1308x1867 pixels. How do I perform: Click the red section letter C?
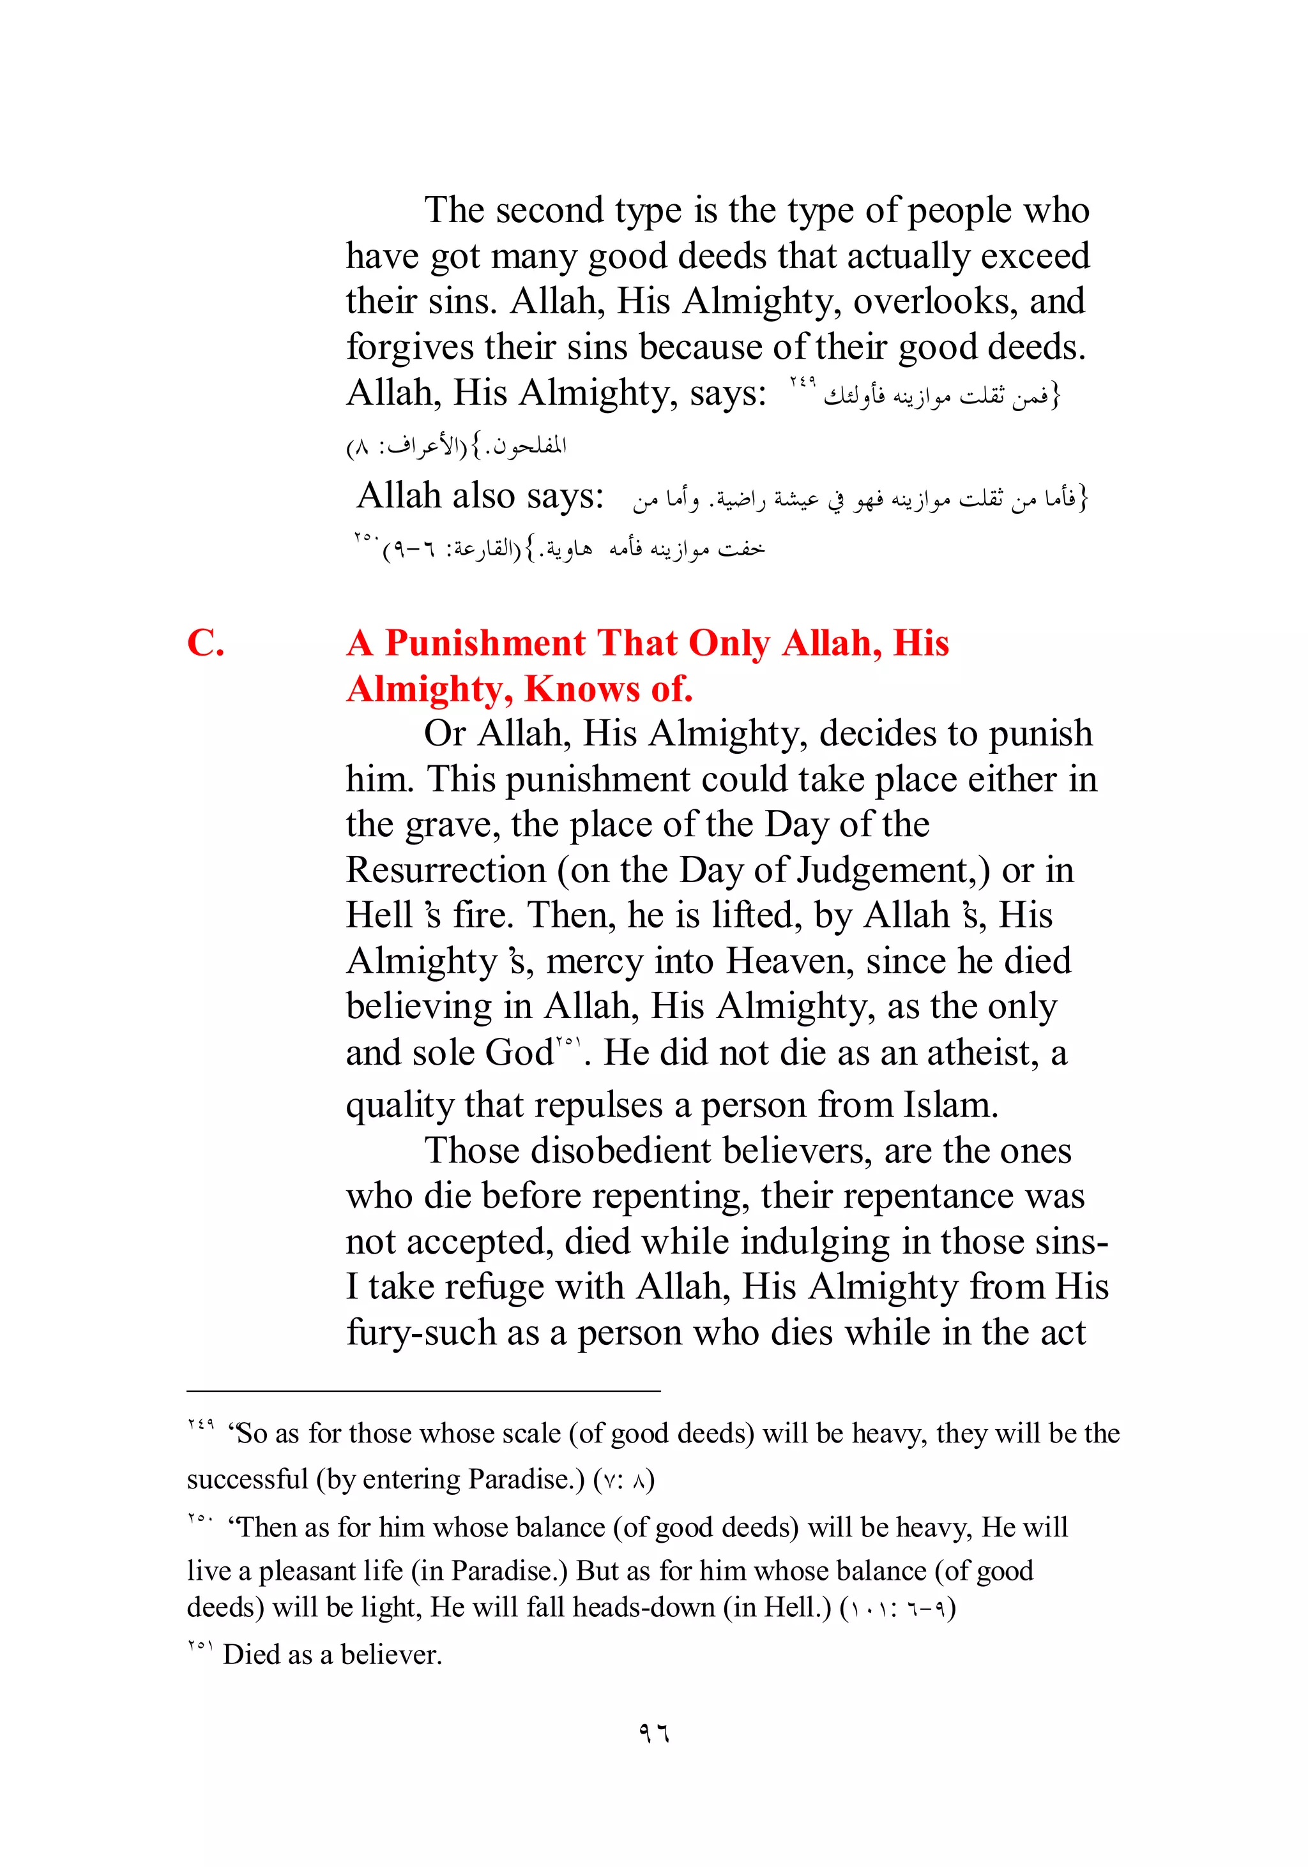tap(205, 643)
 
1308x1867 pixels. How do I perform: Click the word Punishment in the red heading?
tap(485, 643)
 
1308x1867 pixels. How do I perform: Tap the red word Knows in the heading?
tap(582, 689)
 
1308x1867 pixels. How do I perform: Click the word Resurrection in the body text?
tap(446, 870)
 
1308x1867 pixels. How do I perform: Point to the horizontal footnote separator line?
tap(423, 1391)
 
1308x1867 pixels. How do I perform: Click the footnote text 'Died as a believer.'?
tap(332, 1654)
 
